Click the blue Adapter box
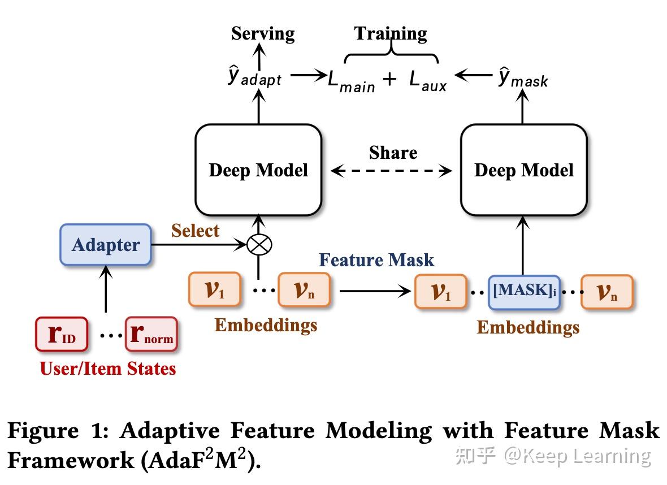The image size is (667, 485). [106, 245]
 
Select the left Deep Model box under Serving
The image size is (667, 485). [258, 170]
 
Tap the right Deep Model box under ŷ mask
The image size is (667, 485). [523, 170]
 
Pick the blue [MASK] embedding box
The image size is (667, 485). [524, 292]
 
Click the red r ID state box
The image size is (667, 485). [61, 335]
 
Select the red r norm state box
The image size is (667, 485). [151, 335]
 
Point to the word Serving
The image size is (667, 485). [263, 33]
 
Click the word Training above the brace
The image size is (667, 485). [391, 33]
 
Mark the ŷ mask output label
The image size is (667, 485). [523, 79]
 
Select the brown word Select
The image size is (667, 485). [195, 231]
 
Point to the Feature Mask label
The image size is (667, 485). [376, 260]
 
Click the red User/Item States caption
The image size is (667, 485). [108, 369]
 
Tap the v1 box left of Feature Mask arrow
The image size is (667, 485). [214, 290]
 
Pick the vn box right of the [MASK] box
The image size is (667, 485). [607, 292]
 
